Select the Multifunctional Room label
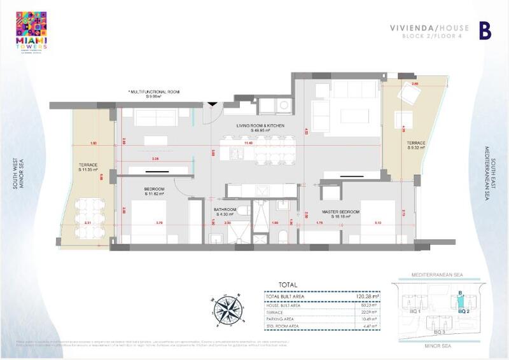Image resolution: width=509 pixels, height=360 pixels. click(154, 95)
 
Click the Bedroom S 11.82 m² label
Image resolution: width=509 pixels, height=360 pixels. click(155, 191)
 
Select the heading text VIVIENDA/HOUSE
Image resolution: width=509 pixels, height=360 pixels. click(419, 28)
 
